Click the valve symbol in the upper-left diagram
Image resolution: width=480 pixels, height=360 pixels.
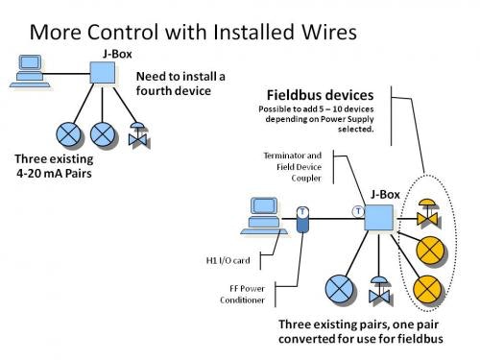139,131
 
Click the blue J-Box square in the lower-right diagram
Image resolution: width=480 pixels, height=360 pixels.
378,216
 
